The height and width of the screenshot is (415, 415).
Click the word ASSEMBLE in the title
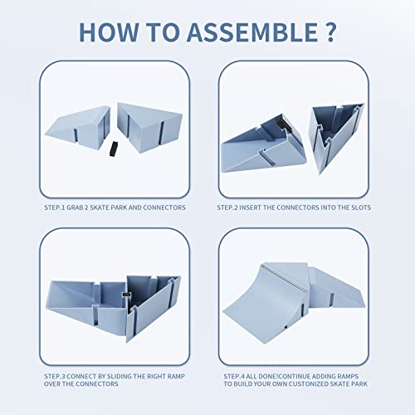pyautogui.click(x=253, y=32)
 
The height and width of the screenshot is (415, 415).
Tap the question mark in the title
pyautogui.click(x=330, y=32)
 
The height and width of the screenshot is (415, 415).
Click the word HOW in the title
pyautogui.click(x=109, y=32)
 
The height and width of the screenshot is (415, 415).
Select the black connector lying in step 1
pyautogui.click(x=112, y=149)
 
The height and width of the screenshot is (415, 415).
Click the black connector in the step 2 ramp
pyautogui.click(x=283, y=124)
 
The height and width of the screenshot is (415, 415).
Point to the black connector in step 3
pyautogui.click(x=126, y=295)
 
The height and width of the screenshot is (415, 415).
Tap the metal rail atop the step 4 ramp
pyautogui.click(x=284, y=277)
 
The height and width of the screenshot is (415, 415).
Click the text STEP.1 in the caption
pyautogui.click(x=55, y=207)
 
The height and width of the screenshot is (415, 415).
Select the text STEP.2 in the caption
pyautogui.click(x=227, y=207)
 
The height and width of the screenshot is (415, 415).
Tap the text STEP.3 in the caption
pyautogui.click(x=55, y=376)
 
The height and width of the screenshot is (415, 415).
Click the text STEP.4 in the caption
pyautogui.click(x=234, y=376)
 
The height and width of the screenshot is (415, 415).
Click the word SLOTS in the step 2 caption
pyautogui.click(x=361, y=207)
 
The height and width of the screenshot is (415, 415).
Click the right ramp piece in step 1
pyautogui.click(x=149, y=127)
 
